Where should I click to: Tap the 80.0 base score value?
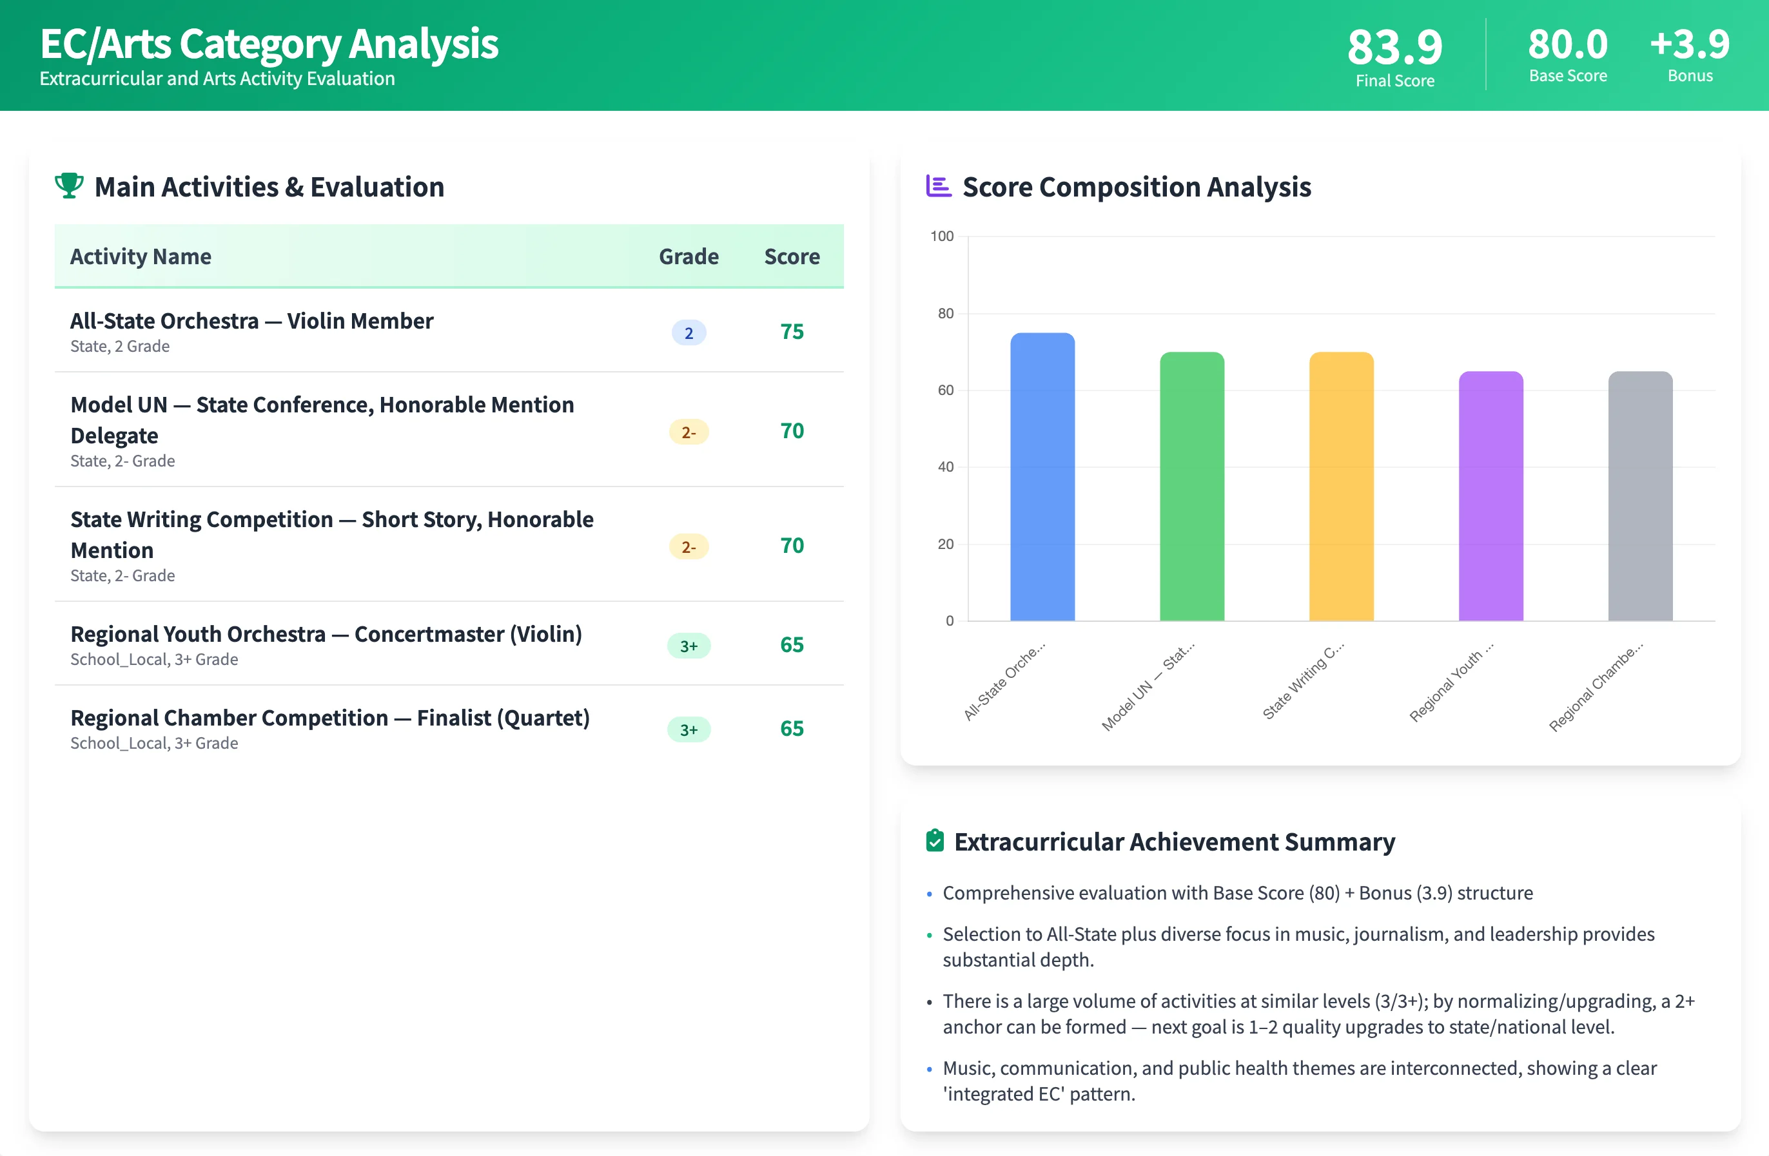pos(1568,44)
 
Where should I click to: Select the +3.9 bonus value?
pos(1690,44)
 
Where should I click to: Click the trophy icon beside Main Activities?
pos(69,186)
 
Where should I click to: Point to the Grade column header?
pos(689,256)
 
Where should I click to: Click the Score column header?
pos(792,256)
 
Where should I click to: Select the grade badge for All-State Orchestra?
pos(689,333)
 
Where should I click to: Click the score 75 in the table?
pos(792,331)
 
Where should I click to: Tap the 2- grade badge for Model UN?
pos(689,432)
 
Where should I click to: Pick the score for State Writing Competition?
pos(792,545)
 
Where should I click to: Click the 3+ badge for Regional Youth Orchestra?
pos(689,646)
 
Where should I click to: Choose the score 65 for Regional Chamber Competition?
pos(792,728)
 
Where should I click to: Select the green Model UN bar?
pos(1191,486)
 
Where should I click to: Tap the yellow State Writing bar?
pos(1341,486)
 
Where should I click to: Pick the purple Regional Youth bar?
pos(1490,496)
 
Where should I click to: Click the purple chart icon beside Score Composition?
pos(938,186)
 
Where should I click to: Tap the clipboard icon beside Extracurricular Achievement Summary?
pos(934,840)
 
